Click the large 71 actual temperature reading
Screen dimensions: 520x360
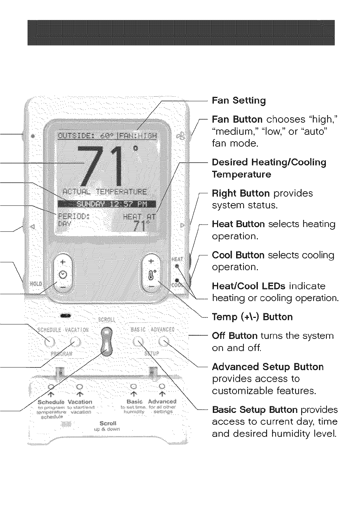pos(100,164)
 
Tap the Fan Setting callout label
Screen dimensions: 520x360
pos(239,100)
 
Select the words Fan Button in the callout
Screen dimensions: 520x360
pos(237,119)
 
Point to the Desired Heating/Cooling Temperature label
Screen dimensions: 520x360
pos(269,168)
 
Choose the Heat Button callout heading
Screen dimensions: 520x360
pos(238,224)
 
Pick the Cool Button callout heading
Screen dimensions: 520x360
pos(238,255)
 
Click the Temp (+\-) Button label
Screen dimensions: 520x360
pos(252,317)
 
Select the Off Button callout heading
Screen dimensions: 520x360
pos(235,336)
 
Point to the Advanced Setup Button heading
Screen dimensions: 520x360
pos(268,367)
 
